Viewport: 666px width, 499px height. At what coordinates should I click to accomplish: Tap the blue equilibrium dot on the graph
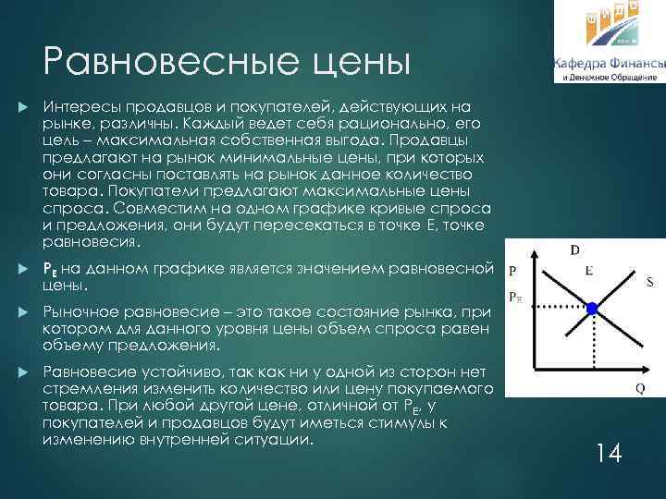594,307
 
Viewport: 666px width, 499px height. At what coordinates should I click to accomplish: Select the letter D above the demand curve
574,249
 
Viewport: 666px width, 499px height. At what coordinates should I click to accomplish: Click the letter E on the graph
589,271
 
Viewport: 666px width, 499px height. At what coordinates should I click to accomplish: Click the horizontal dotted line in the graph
555,307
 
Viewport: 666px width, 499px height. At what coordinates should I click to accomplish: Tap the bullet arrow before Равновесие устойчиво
22,371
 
